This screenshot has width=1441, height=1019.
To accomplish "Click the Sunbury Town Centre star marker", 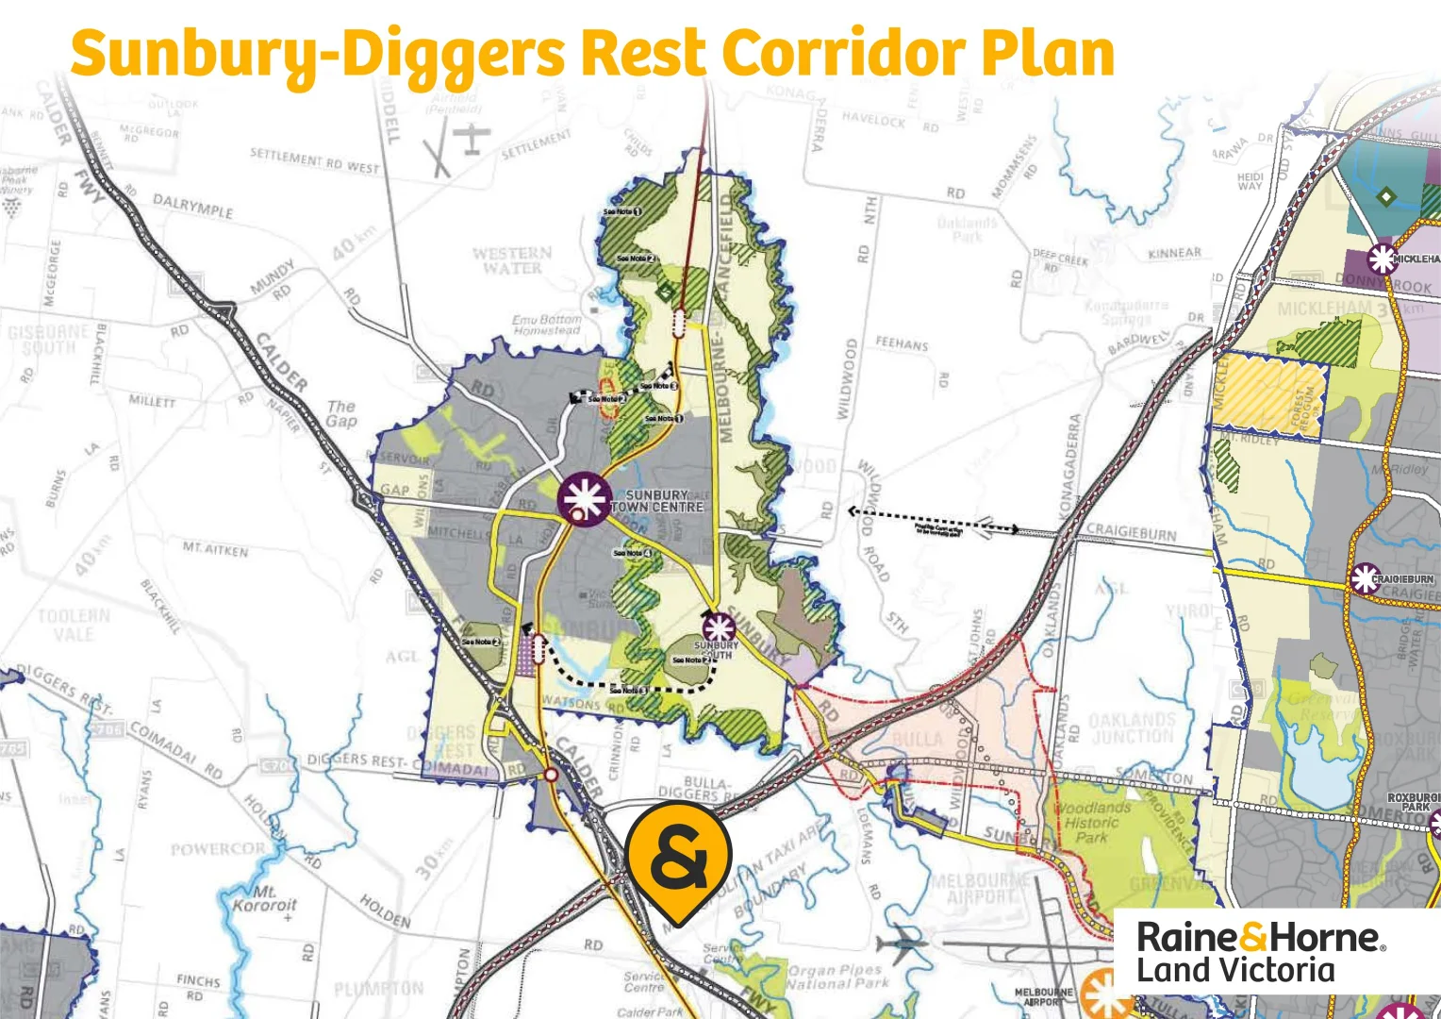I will click(x=584, y=498).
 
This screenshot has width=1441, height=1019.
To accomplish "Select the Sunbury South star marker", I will click(x=719, y=627).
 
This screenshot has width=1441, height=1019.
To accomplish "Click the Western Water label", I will click(x=512, y=260).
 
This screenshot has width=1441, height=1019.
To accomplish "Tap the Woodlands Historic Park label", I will click(x=1092, y=822).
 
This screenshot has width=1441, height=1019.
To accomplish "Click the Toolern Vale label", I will click(x=74, y=625).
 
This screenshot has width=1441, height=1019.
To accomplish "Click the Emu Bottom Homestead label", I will click(x=547, y=325).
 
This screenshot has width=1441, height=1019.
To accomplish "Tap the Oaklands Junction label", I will click(x=1132, y=727).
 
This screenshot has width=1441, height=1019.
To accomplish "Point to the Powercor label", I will click(x=218, y=849).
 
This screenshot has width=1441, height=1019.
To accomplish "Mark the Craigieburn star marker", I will click(x=1365, y=578).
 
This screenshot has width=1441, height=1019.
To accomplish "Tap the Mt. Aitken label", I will click(x=215, y=548).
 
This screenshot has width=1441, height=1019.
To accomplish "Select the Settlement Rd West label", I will click(x=314, y=160).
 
